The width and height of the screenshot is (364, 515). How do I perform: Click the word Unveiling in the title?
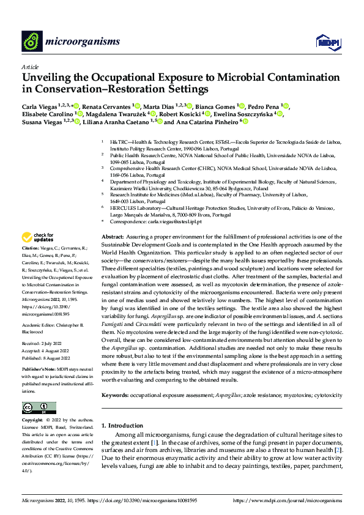(x=48, y=78)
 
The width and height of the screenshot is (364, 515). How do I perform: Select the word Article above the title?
(x=30, y=67)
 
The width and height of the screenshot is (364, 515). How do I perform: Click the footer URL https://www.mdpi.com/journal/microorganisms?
(x=288, y=501)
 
